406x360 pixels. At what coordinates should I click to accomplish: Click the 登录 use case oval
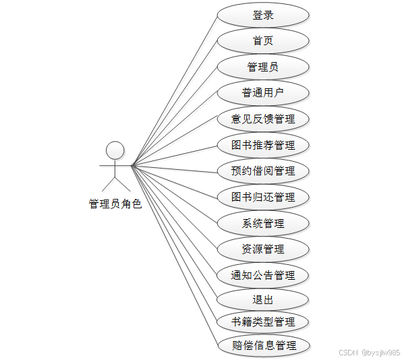263,15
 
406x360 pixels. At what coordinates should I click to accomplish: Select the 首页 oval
263,41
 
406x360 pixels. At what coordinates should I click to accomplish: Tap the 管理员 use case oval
263,67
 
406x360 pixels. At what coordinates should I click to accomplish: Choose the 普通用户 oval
263,93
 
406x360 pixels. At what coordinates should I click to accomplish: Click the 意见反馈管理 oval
263,119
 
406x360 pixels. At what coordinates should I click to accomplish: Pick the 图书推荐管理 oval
263,145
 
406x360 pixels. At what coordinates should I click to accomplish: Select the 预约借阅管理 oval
263,171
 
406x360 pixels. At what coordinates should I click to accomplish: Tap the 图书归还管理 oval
263,197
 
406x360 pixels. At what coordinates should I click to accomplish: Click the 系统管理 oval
263,223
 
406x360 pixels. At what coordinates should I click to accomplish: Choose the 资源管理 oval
263,249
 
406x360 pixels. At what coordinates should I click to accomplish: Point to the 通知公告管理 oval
263,275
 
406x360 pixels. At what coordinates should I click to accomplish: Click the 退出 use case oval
263,300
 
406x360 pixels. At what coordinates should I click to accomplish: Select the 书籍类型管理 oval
263,322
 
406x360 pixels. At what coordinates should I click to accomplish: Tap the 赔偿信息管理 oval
263,346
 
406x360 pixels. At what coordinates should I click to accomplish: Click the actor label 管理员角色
115,204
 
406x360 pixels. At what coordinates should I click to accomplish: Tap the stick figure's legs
115,183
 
